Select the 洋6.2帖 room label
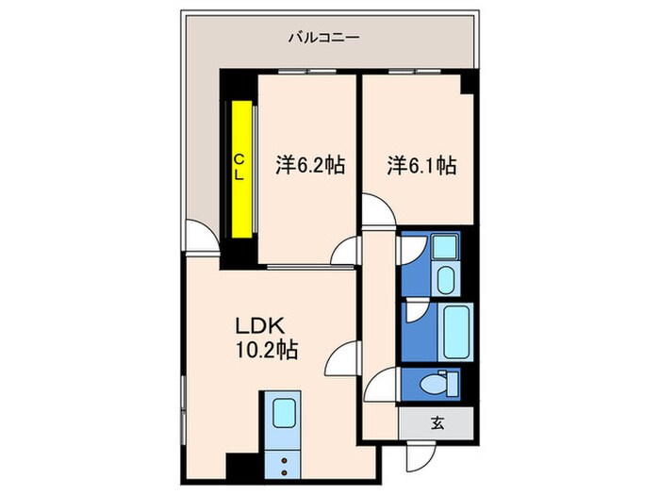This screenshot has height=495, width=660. click(309, 166)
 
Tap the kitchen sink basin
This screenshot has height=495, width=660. click(284, 412)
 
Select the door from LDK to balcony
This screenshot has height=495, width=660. click(198, 236)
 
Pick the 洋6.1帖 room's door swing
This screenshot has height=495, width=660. click(376, 213)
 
